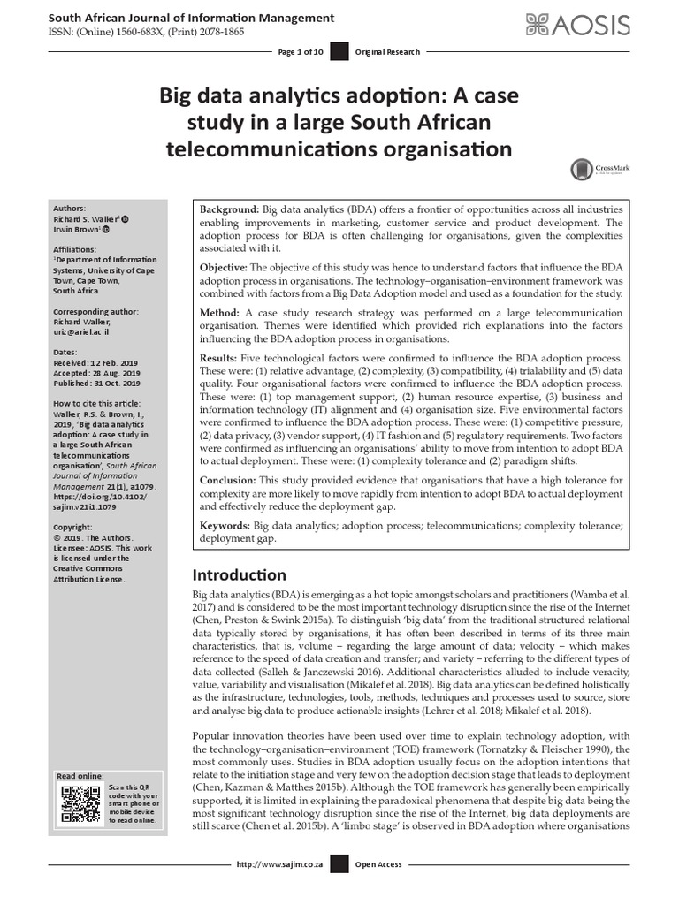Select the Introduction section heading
(240, 575)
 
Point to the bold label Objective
(224, 267)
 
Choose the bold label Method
(219, 313)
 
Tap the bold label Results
(221, 359)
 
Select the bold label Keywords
(225, 526)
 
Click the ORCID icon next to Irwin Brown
(107, 229)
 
